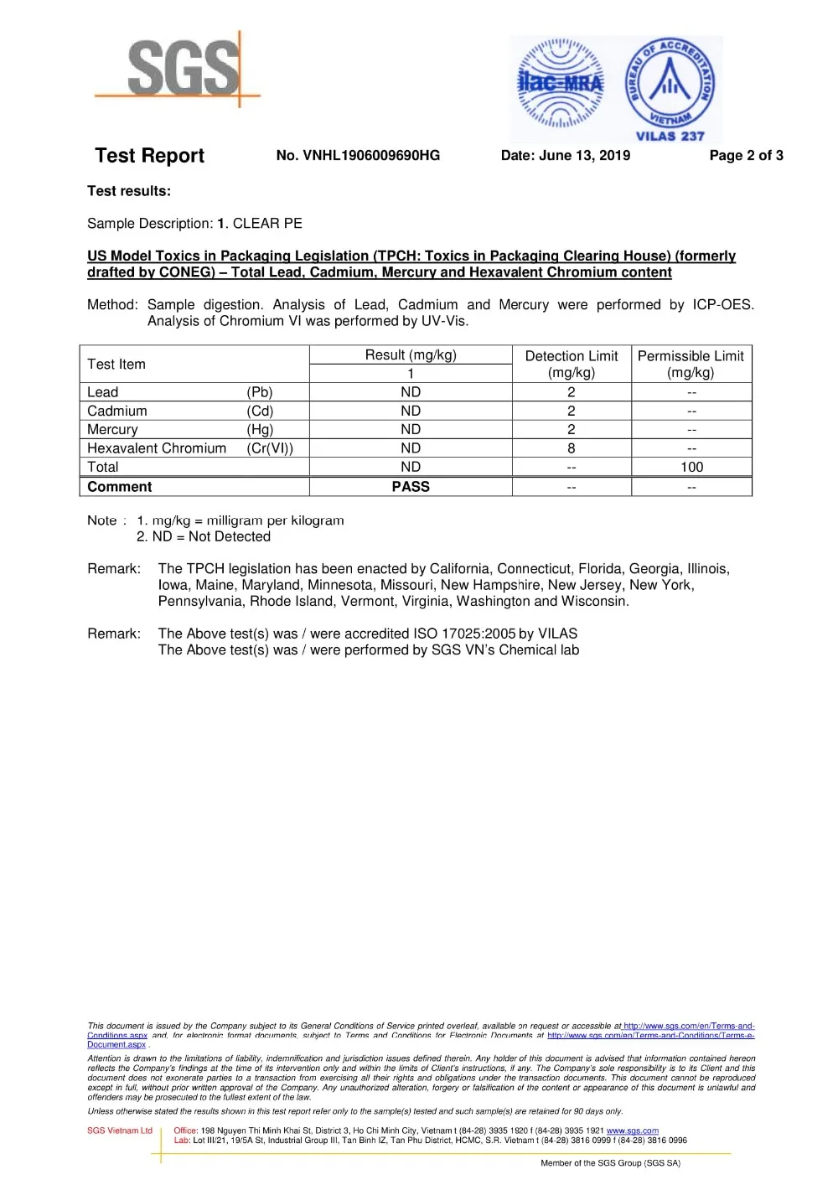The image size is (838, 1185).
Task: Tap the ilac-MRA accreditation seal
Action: (560, 83)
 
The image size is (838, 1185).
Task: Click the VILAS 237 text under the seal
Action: (670, 136)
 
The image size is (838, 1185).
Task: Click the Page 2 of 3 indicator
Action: (746, 155)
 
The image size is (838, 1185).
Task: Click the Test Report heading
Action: (149, 156)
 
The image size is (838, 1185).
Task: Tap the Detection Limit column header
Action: (572, 364)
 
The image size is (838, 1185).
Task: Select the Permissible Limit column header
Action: (691, 364)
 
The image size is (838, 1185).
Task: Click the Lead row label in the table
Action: (103, 392)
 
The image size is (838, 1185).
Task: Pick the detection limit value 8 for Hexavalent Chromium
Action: (572, 448)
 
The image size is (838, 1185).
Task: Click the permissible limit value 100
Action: (691, 467)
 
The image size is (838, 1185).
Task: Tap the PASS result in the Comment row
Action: (411, 486)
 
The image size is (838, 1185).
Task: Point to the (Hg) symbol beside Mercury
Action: (260, 429)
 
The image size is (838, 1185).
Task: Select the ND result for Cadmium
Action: (411, 411)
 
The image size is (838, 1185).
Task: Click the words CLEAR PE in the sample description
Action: (267, 224)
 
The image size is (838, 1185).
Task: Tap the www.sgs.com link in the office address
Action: (632, 1131)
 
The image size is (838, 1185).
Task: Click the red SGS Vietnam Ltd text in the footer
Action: (120, 1131)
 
